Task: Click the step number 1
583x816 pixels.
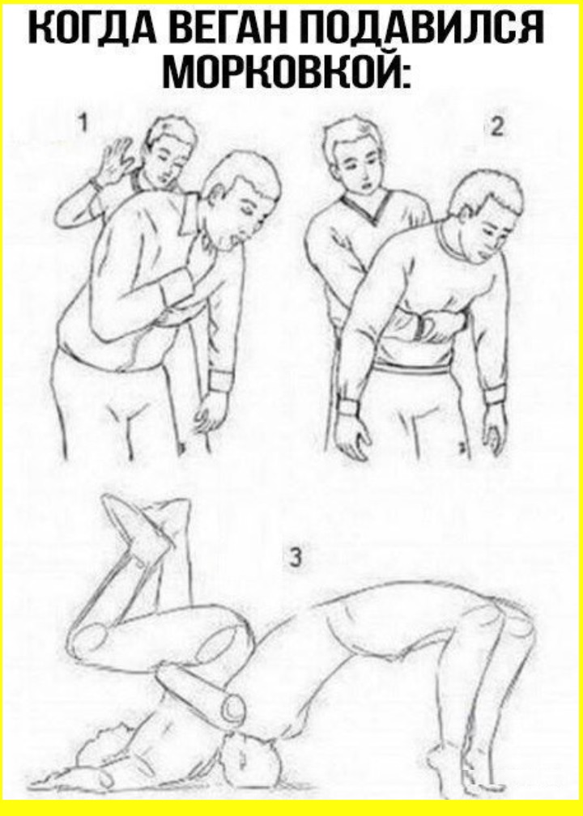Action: point(83,124)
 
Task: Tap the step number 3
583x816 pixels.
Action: point(295,557)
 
